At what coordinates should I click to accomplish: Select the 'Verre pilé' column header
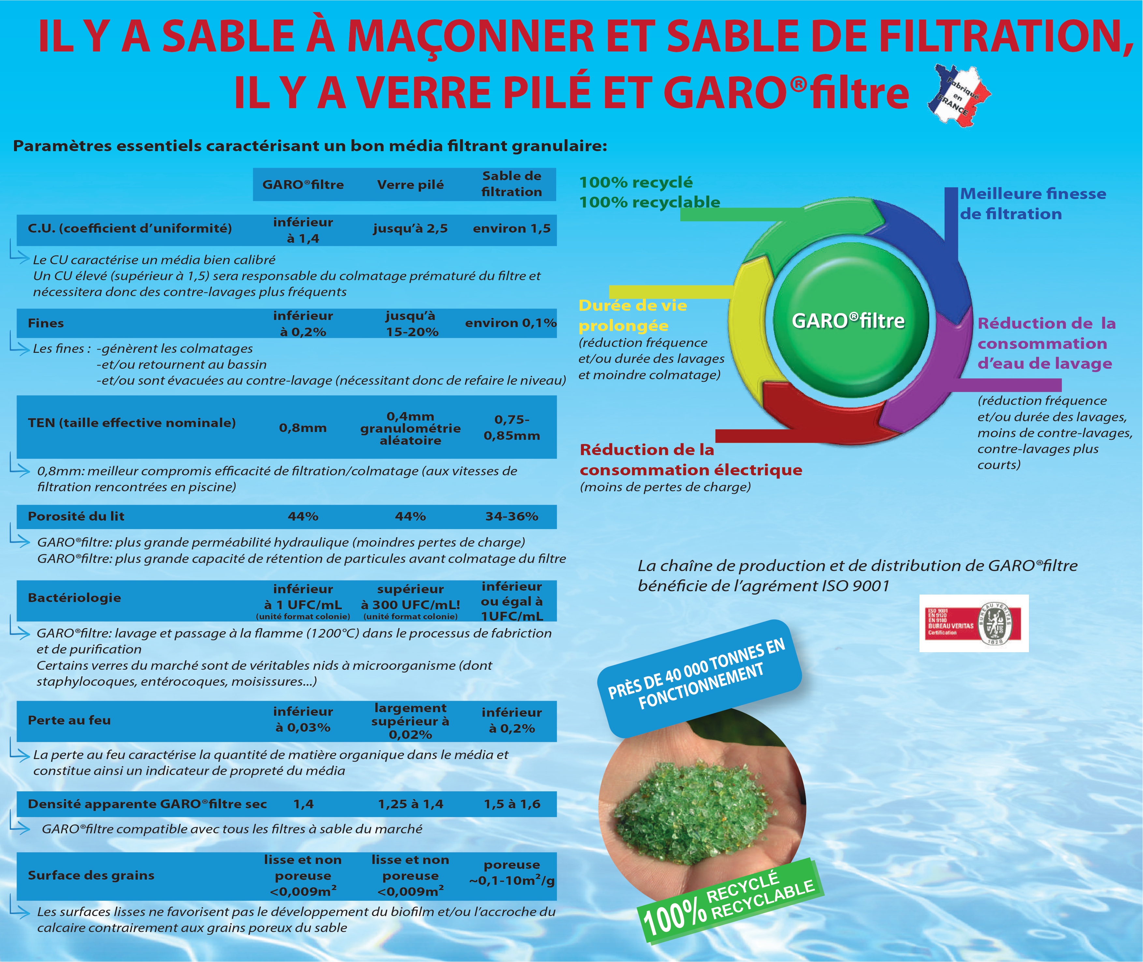410,185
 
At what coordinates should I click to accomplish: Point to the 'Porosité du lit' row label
76,516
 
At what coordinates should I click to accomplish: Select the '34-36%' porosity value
512,516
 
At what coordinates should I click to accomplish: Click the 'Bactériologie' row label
74,598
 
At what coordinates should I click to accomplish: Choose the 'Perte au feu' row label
69,720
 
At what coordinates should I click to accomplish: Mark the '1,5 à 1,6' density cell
512,804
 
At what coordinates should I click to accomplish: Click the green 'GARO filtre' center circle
848,320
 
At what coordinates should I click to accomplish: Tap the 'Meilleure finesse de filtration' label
1032,203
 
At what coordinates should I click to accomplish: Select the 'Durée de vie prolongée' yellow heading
632,316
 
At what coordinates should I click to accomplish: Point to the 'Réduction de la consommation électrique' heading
690,460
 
